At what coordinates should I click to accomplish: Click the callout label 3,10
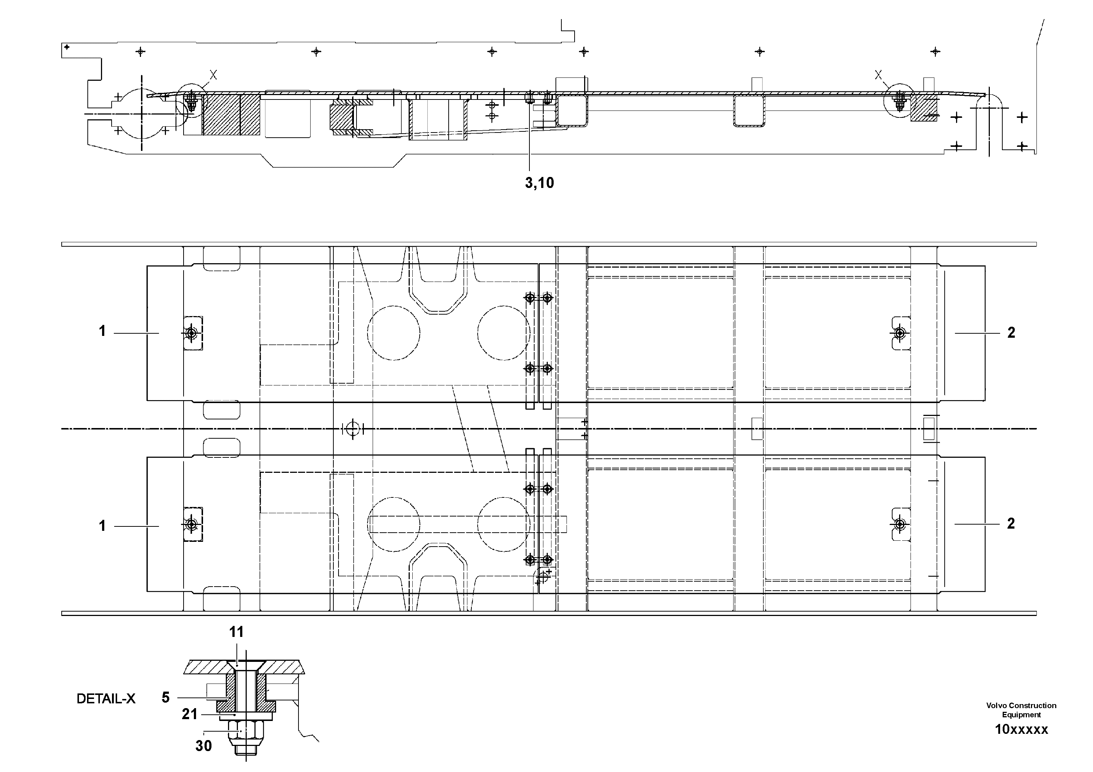[539, 183]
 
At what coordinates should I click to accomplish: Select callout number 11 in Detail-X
[236, 632]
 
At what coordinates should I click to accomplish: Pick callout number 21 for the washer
[189, 714]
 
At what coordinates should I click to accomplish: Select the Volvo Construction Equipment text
[1021, 710]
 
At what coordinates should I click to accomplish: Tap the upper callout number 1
[102, 331]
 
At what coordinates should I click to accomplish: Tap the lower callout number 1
[102, 525]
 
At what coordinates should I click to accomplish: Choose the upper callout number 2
[1011, 333]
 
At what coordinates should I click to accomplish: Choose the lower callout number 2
[1011, 523]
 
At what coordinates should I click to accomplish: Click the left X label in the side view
[213, 75]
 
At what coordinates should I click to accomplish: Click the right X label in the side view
[878, 75]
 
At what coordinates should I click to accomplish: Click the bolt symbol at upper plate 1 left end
[191, 333]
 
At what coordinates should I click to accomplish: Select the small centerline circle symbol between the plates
[352, 429]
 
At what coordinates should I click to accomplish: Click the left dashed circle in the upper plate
[394, 333]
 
